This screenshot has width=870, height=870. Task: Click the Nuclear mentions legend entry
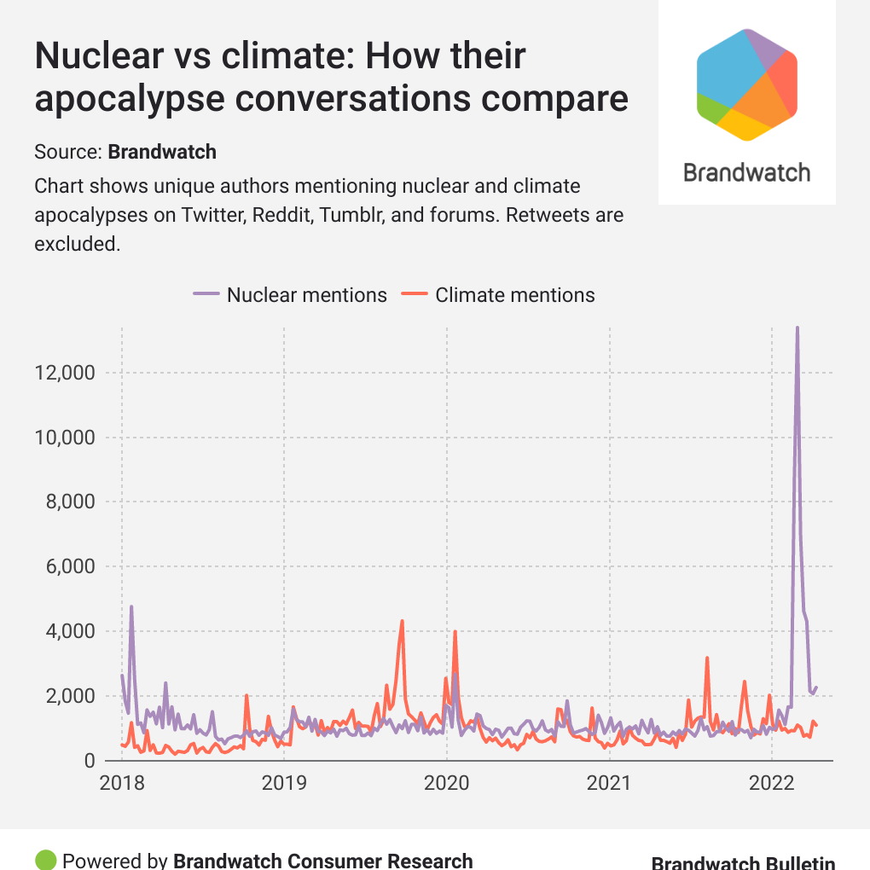click(290, 295)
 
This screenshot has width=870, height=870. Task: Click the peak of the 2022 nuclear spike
click(797, 328)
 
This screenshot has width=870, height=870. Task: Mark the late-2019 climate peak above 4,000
click(402, 621)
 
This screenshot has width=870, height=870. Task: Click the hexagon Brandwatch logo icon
click(746, 84)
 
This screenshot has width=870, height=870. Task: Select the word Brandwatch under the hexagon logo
click(746, 173)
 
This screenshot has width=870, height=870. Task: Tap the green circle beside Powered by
click(46, 860)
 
